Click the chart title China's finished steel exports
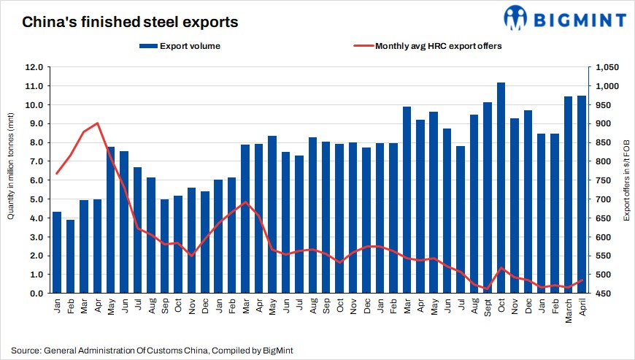[x=130, y=23]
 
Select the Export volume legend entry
[x=180, y=46]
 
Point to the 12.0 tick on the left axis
[x=34, y=67]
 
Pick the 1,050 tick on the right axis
[x=607, y=67]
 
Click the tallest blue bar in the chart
[x=501, y=188]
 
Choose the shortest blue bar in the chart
[x=70, y=256]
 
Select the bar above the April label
[x=582, y=195]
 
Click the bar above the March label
[x=569, y=195]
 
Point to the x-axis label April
[x=582, y=308]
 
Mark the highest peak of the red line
[x=98, y=123]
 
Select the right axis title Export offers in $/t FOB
[x=626, y=180]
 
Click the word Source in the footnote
[x=26, y=351]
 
